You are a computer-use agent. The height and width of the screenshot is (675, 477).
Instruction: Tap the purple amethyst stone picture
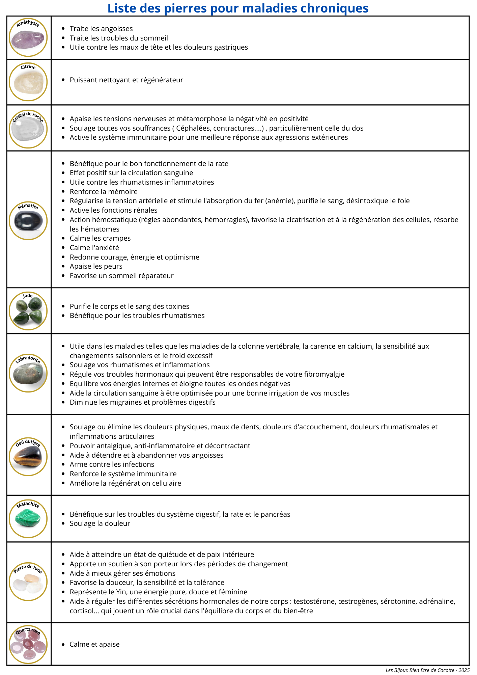(x=28, y=39)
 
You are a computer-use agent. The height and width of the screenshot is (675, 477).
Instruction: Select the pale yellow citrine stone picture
(x=28, y=84)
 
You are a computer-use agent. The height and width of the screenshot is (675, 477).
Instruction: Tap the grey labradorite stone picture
(x=28, y=375)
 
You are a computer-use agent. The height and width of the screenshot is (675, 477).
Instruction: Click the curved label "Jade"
(x=28, y=296)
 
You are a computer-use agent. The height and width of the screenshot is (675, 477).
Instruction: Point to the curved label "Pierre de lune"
(x=28, y=568)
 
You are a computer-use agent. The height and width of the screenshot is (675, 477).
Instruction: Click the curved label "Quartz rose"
(x=28, y=630)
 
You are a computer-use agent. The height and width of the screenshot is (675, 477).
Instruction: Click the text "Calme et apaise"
(x=94, y=644)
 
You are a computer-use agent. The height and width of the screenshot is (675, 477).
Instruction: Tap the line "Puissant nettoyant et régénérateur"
(x=126, y=80)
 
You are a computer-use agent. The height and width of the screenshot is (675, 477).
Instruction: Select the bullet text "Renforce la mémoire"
(x=104, y=192)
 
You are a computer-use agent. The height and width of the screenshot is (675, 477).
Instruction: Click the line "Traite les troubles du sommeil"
(x=119, y=38)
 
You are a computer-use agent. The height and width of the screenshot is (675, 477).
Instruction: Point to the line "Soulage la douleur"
(x=100, y=523)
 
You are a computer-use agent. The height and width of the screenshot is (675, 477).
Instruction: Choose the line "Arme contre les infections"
(x=112, y=464)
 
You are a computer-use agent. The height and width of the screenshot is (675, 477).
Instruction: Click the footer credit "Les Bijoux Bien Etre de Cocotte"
(x=420, y=670)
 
